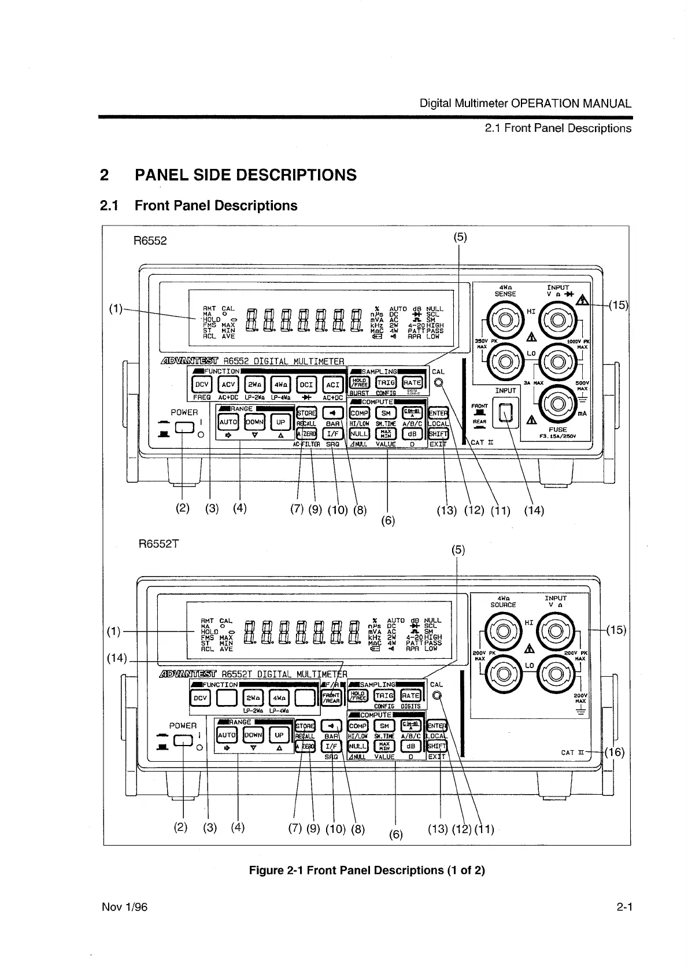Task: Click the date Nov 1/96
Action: point(124,907)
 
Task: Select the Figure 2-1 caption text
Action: point(367,870)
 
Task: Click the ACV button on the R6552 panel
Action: point(229,385)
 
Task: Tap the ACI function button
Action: point(332,385)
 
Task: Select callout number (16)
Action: point(616,752)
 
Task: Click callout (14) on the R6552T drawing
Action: point(117,658)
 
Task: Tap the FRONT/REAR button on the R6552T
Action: point(331,698)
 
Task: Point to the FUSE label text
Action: point(557,430)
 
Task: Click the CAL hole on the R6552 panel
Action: point(439,383)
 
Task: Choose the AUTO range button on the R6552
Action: point(228,422)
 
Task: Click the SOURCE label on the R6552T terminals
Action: point(503,605)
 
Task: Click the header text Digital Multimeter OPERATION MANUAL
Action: point(525,104)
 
